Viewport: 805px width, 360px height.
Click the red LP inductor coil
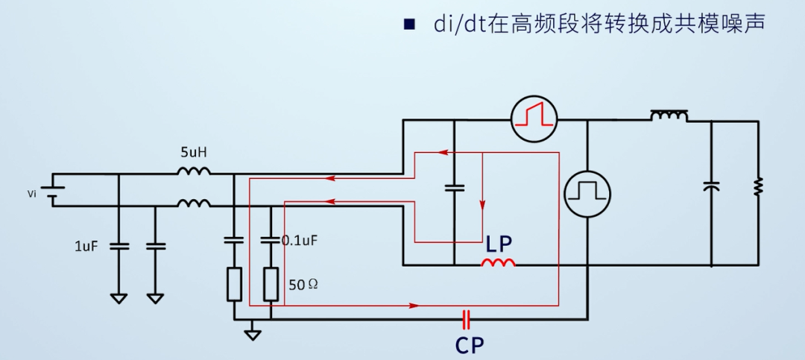497,263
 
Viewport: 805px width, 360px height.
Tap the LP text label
500,244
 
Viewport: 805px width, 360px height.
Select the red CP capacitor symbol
467,320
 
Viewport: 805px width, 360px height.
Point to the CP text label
470,345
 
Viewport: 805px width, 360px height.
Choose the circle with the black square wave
587,192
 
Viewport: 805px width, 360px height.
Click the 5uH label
193,153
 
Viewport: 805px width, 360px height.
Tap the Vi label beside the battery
31,194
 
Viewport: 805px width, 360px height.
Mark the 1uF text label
86,246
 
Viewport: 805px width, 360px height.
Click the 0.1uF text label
300,241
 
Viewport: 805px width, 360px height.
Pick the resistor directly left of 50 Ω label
271,285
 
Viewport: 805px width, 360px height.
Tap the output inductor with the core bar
669,116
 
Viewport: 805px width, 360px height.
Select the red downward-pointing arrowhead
483,206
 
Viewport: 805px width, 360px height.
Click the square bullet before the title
408,25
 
